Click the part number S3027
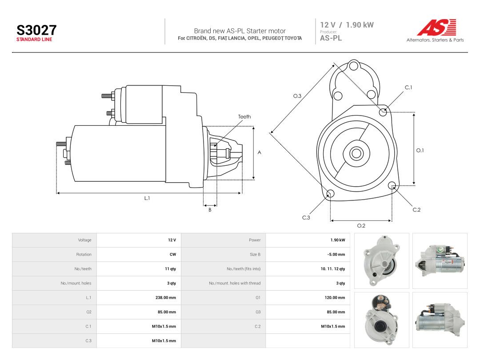[x=36, y=30]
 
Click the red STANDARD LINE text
[x=34, y=40]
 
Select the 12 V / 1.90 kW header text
[x=347, y=25]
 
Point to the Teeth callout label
[x=244, y=116]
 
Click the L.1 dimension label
[x=147, y=198]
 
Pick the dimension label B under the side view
[x=210, y=210]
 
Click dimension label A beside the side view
[x=259, y=152]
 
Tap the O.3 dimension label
[x=297, y=96]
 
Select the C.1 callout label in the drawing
[x=408, y=88]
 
